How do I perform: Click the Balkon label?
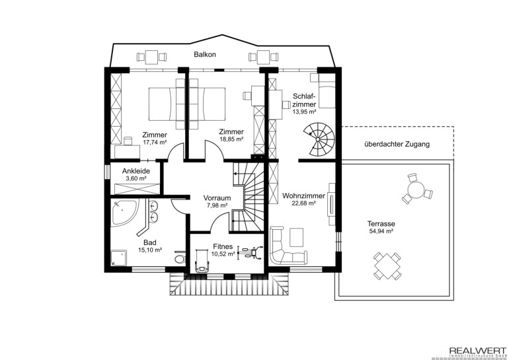coord(205,54)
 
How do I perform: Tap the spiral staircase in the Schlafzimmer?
coord(318,139)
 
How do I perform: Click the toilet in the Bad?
coord(179,258)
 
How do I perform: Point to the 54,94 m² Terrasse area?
coord(381,231)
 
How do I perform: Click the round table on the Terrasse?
coord(416,190)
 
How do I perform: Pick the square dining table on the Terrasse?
coord(387,266)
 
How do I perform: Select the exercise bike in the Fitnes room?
coord(251,252)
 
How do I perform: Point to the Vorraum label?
coord(217,198)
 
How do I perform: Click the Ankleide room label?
coord(136,171)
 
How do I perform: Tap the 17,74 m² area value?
coord(155,142)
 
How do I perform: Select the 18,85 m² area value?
coord(231,139)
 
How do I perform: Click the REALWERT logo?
coord(477,352)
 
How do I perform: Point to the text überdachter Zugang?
coord(397,144)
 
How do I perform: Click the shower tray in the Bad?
coord(119,258)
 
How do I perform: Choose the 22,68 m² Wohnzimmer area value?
coord(303,203)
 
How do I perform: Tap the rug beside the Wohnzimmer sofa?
coord(296,237)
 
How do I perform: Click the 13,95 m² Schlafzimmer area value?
coord(304,112)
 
